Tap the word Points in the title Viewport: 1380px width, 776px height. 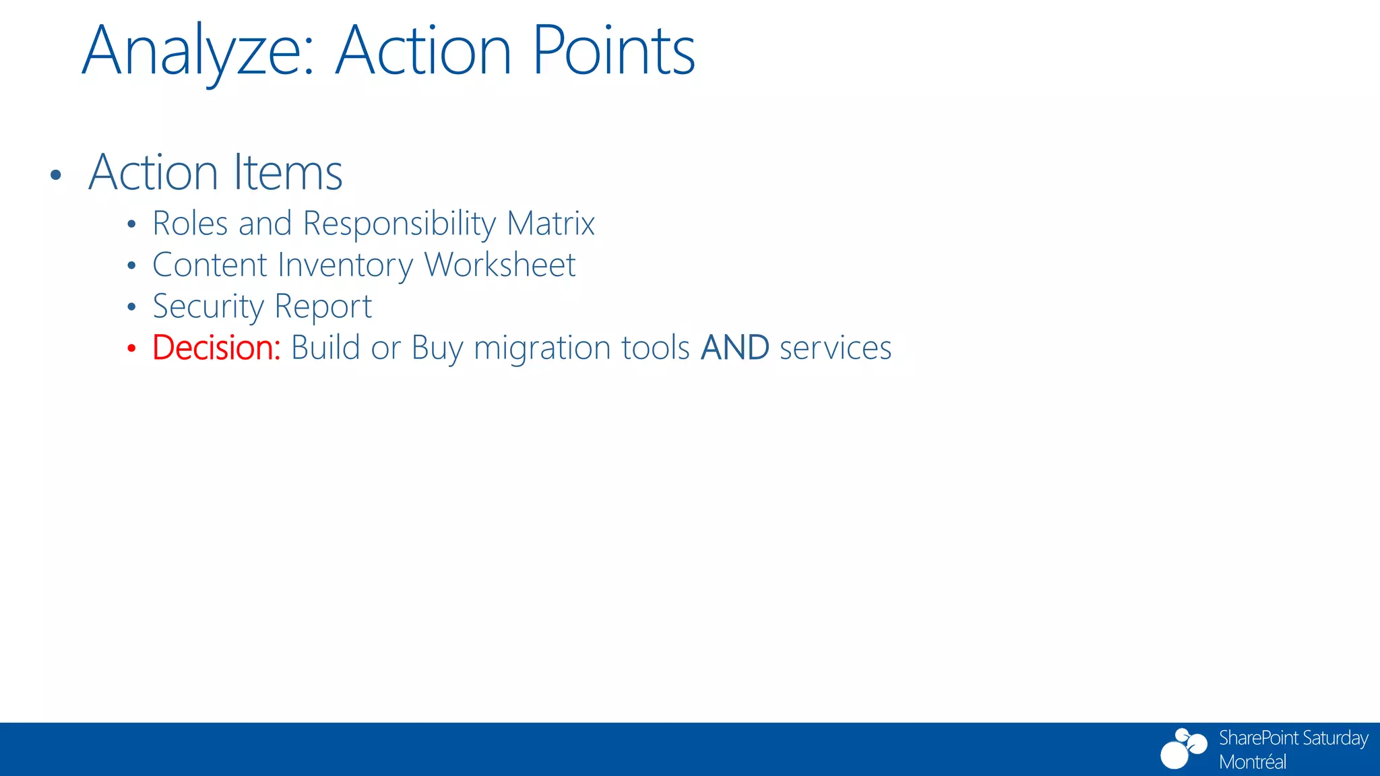613,51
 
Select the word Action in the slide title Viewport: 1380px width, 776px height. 423,51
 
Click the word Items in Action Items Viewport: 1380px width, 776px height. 288,172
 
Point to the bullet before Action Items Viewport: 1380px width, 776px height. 56,176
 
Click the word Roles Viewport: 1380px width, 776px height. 190,224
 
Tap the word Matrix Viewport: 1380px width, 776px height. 551,224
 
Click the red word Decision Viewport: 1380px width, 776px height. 216,348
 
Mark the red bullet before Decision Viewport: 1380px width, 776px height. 131,349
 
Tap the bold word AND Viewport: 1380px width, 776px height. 734,348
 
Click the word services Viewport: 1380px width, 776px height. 835,349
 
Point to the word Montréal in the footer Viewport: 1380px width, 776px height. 1252,762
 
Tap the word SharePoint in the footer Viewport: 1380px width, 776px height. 1257,738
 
